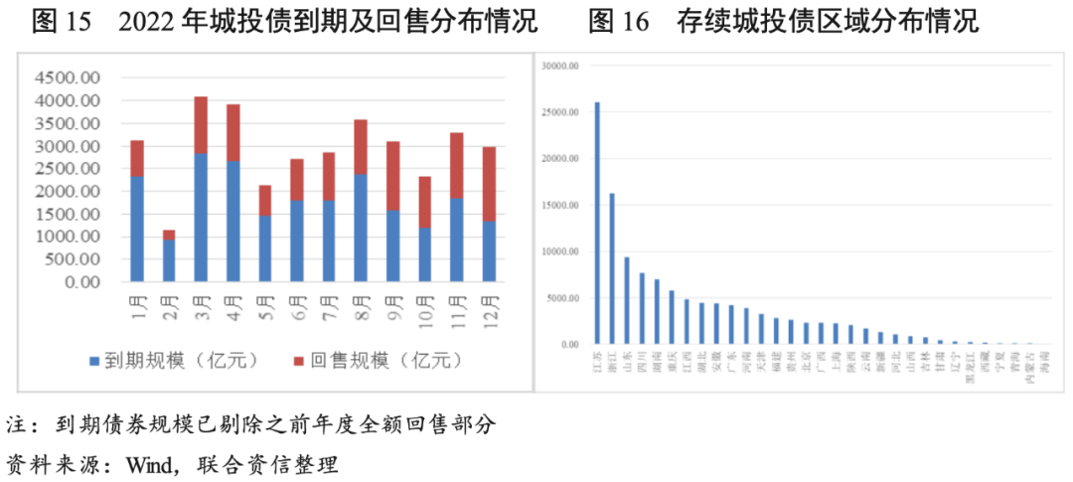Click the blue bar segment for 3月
coord(201,218)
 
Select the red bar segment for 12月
coord(490,184)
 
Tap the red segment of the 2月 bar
coord(169,235)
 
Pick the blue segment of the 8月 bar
coord(362,228)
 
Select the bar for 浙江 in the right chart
coord(612,268)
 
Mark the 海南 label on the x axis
coord(1043,359)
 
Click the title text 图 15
coord(61,20)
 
